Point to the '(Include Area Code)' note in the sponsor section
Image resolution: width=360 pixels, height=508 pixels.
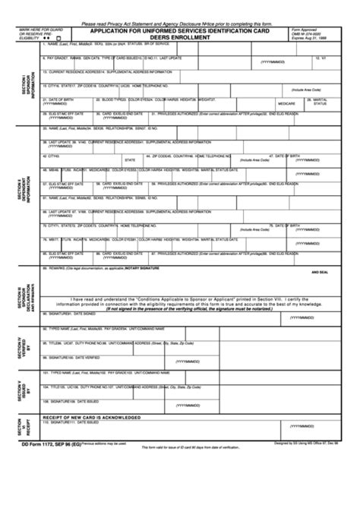coord(305,88)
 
